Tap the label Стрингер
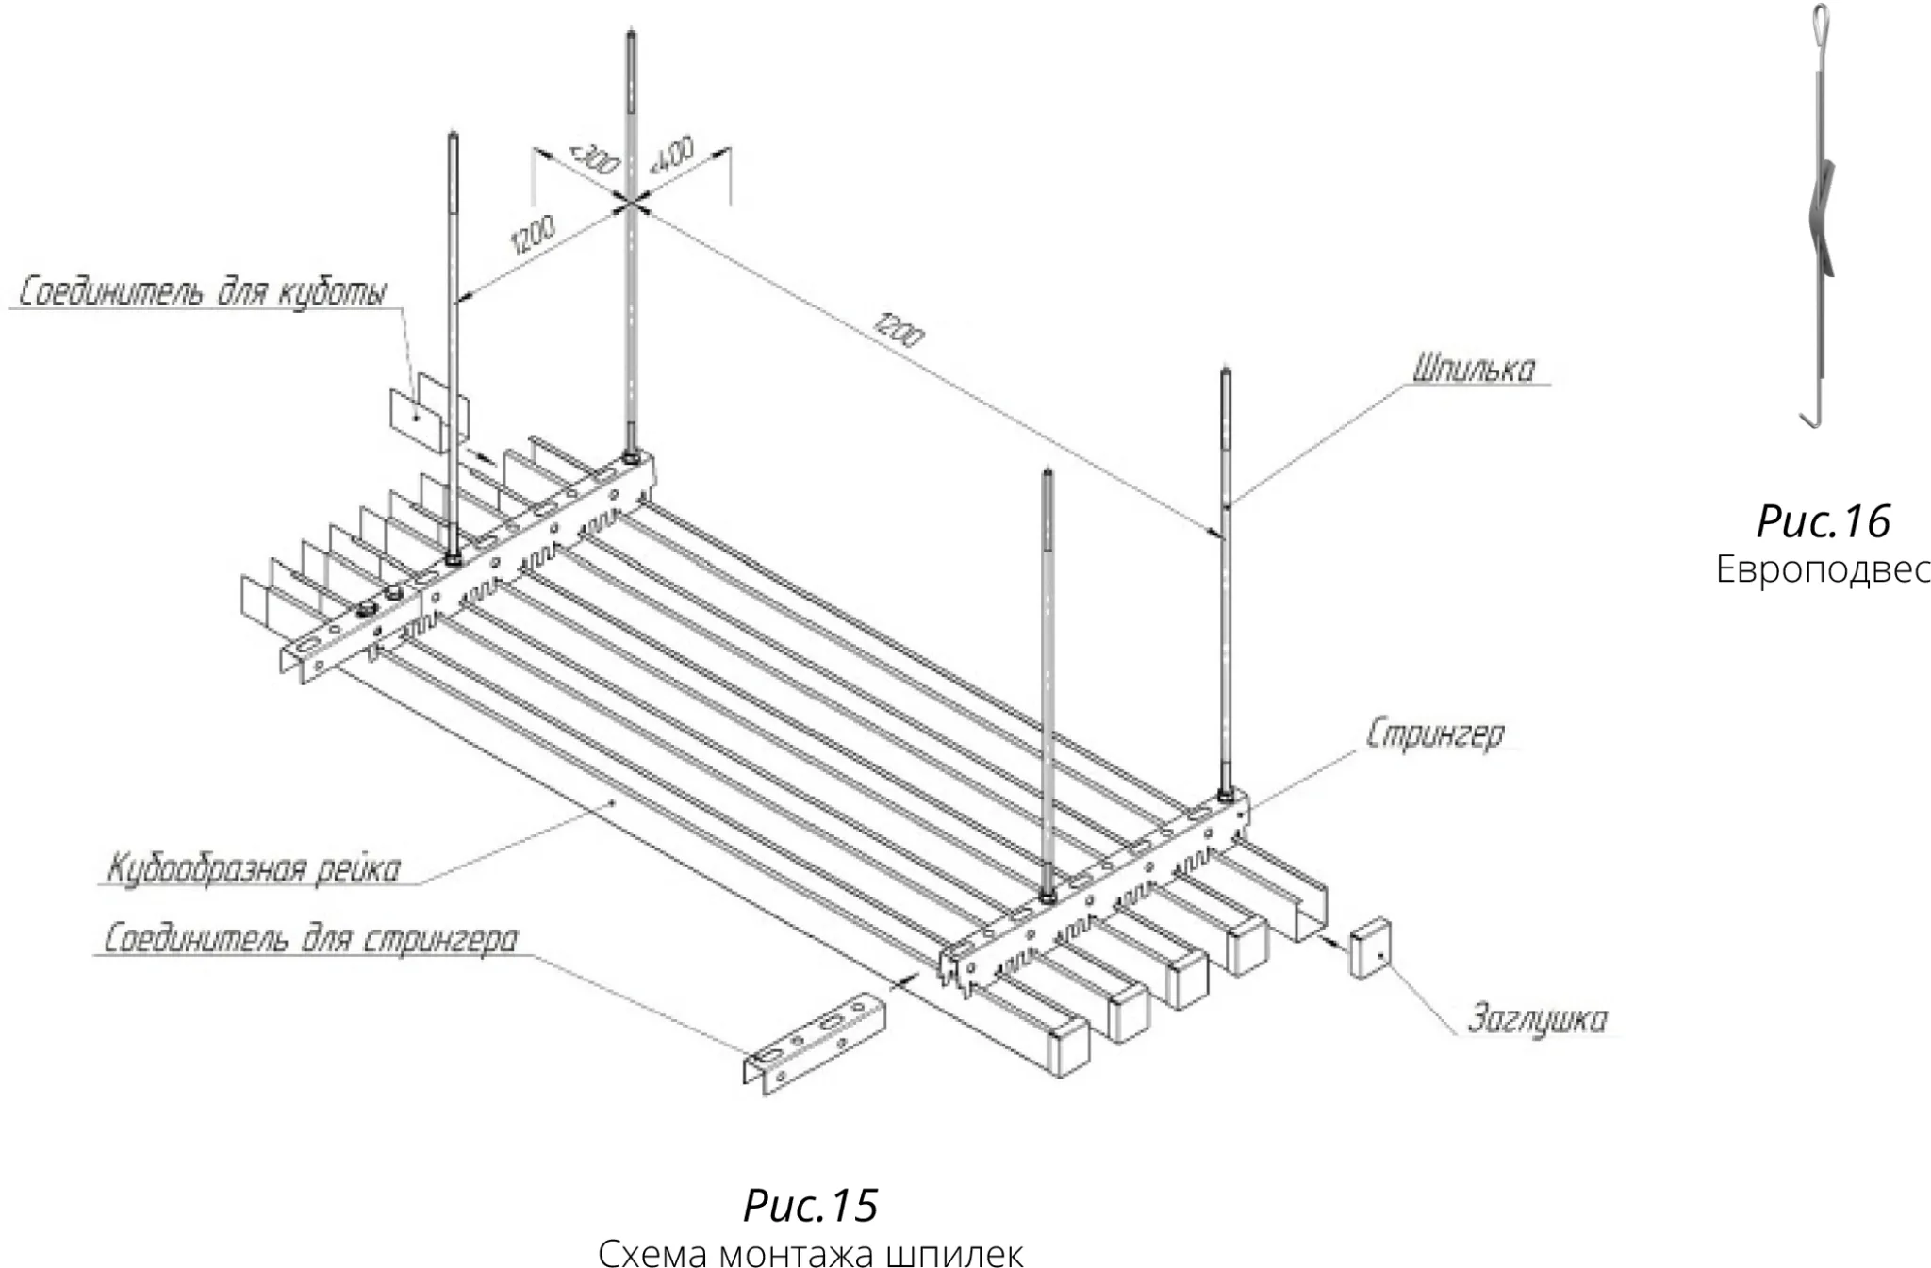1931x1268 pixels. [x=1435, y=736]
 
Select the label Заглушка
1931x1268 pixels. [x=1537, y=1019]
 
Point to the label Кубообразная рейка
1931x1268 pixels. [x=254, y=868]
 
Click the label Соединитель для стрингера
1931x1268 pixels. [x=310, y=940]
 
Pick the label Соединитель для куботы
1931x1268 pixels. [x=203, y=292]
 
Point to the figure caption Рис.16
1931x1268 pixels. [x=1824, y=520]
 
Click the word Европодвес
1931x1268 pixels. [x=1823, y=569]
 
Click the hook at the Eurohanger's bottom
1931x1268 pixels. [x=1812, y=416]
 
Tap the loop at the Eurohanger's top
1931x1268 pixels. [x=1819, y=19]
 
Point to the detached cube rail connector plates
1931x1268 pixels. [x=429, y=410]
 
